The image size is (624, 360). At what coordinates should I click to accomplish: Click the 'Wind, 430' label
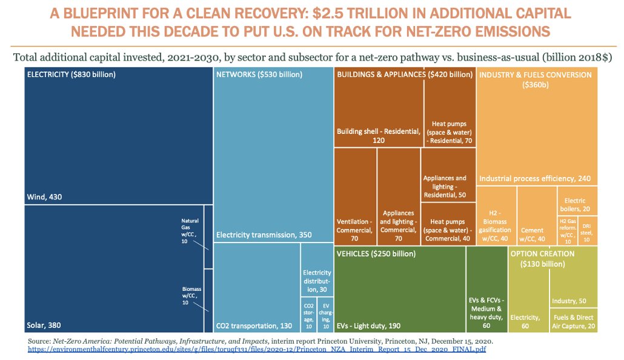pos(45,197)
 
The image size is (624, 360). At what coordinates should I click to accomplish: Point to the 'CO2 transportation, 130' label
pos(254,326)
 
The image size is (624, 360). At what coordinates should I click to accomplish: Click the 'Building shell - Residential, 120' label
pos(378,136)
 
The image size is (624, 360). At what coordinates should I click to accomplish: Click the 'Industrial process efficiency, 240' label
pos(535,179)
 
